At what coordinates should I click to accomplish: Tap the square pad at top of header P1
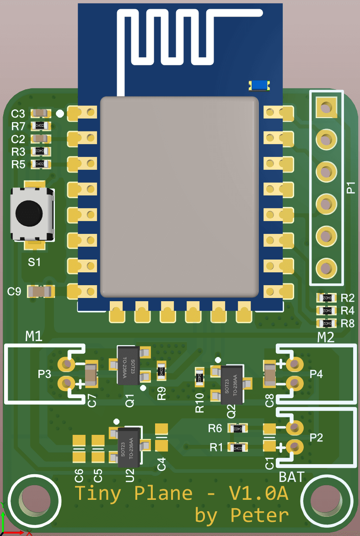point(326,108)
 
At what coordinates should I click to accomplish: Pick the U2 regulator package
point(129,447)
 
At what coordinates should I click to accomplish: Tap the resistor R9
point(161,371)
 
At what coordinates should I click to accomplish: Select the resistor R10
point(199,378)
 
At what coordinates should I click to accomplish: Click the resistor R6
point(238,428)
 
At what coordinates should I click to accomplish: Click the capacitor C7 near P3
point(91,375)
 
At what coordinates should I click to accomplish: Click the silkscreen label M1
point(34,337)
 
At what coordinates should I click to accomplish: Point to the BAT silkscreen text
point(291,477)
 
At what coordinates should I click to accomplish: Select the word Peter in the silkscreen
point(259,515)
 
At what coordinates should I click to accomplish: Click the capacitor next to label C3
point(40,113)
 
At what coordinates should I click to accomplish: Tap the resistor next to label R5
point(40,164)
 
